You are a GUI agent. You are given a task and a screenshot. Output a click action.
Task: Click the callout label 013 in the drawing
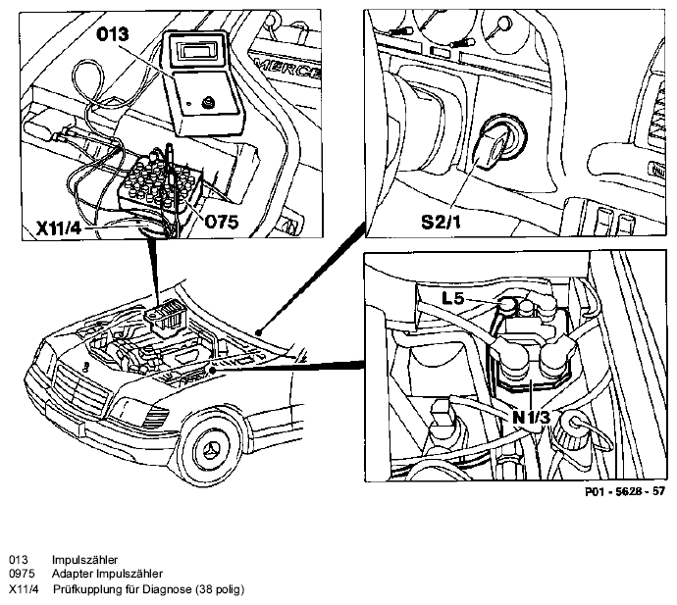click(112, 33)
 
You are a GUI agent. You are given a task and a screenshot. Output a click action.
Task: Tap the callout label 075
click(221, 223)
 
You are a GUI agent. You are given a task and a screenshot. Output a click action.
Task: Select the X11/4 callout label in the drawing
click(59, 228)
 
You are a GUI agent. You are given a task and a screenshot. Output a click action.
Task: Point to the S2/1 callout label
click(441, 222)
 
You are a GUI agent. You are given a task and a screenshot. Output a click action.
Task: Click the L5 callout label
click(453, 298)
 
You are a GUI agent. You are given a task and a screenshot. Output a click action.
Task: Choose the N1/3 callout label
click(532, 418)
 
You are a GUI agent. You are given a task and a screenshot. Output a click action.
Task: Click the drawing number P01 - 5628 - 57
click(625, 491)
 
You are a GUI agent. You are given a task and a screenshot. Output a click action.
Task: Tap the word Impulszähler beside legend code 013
click(84, 560)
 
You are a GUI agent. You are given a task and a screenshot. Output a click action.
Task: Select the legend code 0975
click(22, 574)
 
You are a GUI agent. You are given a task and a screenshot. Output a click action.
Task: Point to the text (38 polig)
click(220, 589)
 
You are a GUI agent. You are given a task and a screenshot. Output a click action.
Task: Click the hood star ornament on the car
click(86, 367)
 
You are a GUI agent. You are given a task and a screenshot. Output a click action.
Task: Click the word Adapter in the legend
click(72, 575)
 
